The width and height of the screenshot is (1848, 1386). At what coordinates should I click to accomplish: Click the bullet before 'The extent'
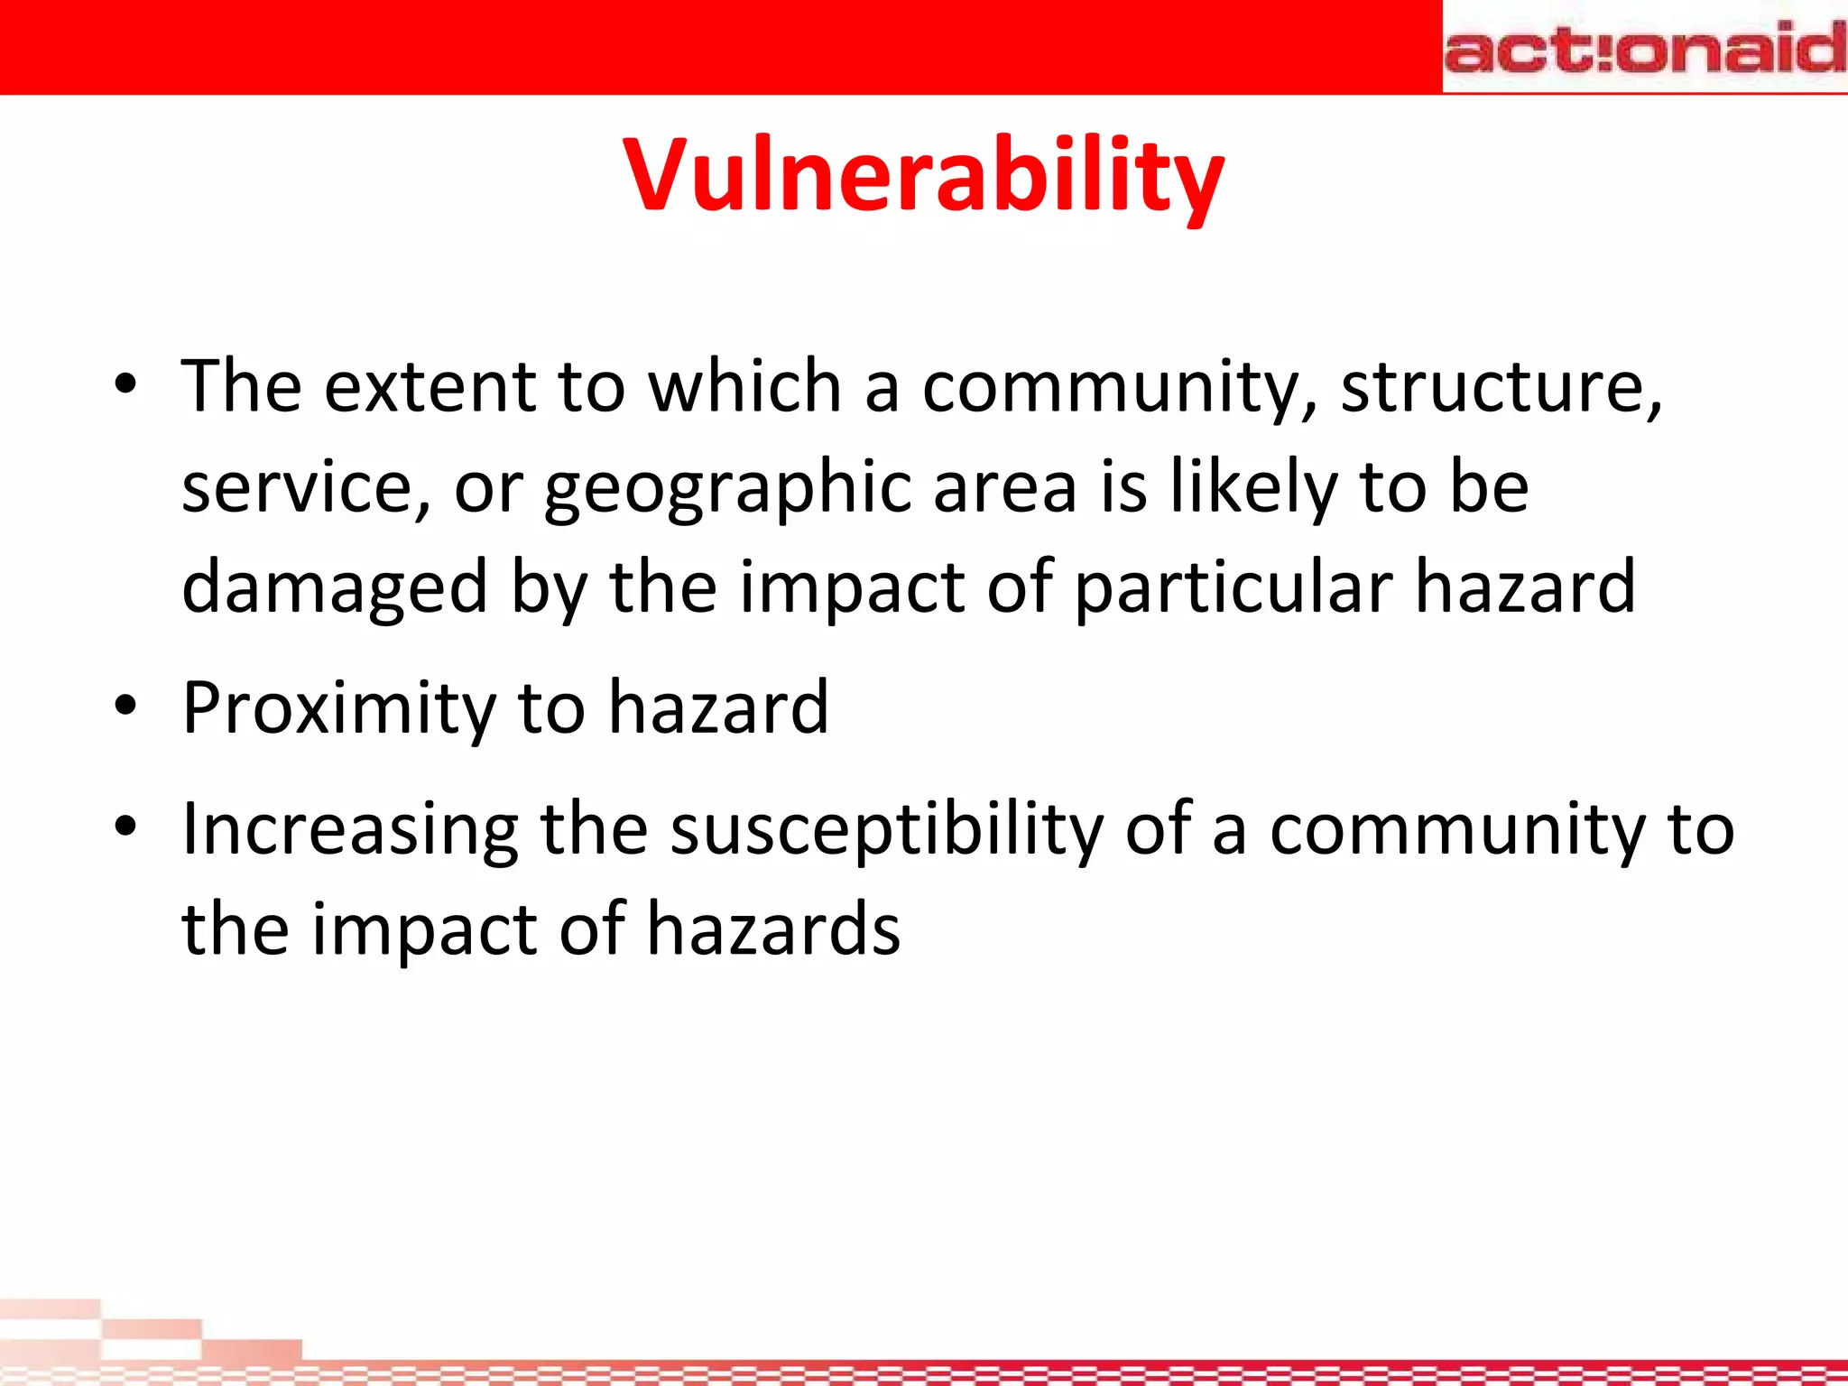125,385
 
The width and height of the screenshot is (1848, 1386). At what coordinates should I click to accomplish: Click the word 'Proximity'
338,708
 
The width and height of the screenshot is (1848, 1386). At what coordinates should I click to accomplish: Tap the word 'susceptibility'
886,830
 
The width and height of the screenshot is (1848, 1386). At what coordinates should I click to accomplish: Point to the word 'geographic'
728,488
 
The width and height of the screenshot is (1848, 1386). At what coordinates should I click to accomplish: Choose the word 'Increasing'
350,830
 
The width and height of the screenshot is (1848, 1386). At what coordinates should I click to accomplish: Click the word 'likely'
1253,488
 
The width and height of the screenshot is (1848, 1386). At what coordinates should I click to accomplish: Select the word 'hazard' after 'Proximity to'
718,708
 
